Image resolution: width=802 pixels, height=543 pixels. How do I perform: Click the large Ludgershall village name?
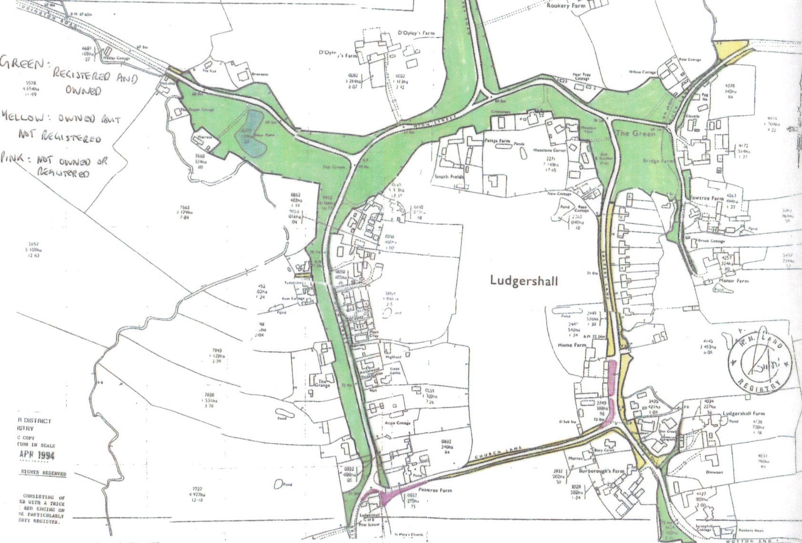pos(524,280)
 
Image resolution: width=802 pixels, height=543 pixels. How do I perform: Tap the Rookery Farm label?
pos(565,6)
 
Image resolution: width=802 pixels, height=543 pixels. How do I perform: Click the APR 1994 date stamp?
pos(37,455)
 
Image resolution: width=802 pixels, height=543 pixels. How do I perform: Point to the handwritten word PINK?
pos(14,158)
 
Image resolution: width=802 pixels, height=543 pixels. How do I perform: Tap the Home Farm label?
pos(572,345)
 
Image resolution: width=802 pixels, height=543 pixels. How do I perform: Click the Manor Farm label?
pos(734,281)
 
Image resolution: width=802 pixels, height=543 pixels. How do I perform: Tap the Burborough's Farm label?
pos(601,471)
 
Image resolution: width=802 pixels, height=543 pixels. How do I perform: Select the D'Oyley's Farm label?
pos(416,33)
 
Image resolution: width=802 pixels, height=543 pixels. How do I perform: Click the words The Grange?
pos(322,383)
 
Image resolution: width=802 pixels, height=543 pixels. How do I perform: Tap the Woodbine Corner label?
pos(550,150)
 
